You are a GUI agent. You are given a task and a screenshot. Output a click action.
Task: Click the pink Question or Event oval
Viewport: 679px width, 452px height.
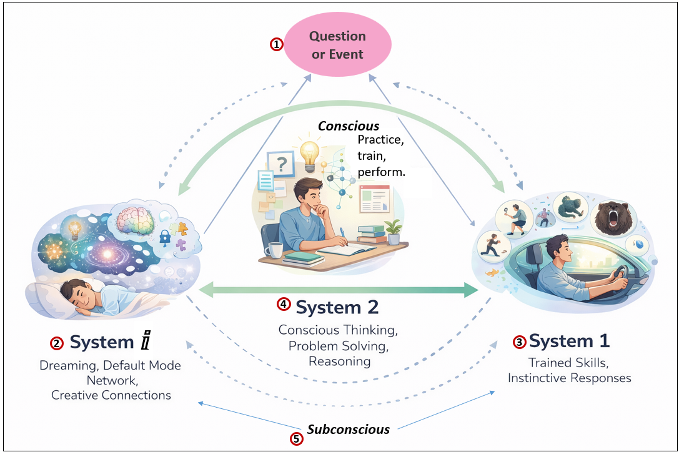tap(337, 45)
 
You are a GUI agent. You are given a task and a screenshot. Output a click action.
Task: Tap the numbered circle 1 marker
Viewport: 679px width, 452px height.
tap(275, 45)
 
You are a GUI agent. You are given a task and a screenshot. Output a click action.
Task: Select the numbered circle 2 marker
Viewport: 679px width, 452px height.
tap(57, 343)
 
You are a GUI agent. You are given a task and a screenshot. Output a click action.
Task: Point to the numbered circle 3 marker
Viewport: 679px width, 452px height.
tap(519, 341)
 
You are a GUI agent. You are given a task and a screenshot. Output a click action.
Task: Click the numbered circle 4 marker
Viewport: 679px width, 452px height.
tap(284, 305)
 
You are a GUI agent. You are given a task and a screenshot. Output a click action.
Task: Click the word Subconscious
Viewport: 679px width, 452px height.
tap(348, 430)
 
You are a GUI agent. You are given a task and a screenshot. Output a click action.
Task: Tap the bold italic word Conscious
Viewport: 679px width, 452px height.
tap(349, 126)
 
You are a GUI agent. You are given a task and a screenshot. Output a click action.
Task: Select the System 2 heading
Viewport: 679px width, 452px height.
tap(337, 307)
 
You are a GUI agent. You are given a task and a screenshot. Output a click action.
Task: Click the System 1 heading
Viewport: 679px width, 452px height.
tap(569, 341)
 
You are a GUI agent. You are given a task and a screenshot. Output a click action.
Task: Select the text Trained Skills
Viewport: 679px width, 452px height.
tap(568, 362)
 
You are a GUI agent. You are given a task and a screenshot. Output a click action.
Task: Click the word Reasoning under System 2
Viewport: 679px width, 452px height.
tap(339, 361)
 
